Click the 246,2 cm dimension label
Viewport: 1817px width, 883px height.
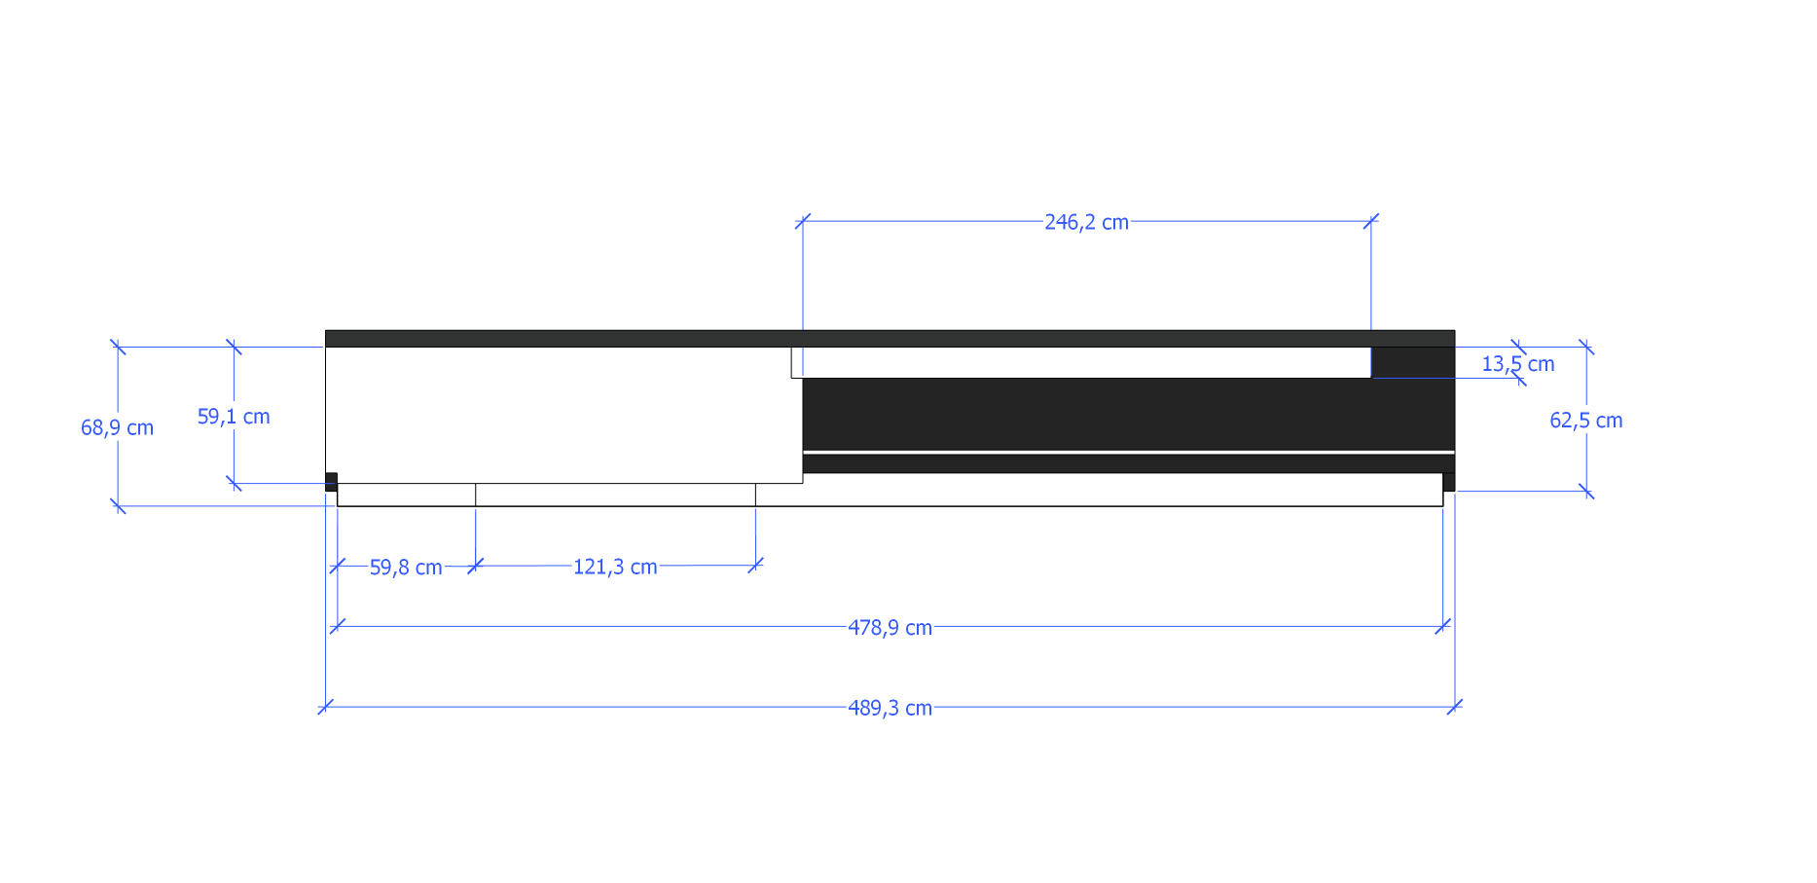pyautogui.click(x=1086, y=222)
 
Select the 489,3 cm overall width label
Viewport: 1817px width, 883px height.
pyautogui.click(x=890, y=708)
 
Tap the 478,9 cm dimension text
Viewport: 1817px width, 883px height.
pyautogui.click(x=890, y=627)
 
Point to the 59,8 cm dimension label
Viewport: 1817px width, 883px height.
pyautogui.click(x=406, y=567)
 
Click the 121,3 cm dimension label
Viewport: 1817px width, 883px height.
pyautogui.click(x=615, y=567)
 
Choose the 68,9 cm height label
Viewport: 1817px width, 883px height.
pyautogui.click(x=117, y=427)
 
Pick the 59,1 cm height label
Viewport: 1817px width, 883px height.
pyautogui.click(x=234, y=417)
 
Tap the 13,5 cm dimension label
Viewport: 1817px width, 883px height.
pyautogui.click(x=1517, y=364)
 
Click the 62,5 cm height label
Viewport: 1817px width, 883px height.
pyautogui.click(x=1585, y=421)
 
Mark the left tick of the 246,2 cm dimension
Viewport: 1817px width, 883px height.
pyautogui.click(x=803, y=222)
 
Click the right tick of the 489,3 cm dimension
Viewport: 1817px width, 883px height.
pyautogui.click(x=1455, y=707)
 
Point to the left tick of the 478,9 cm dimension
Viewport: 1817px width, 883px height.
pyautogui.click(x=338, y=626)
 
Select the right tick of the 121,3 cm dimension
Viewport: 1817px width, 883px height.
pyautogui.click(x=755, y=565)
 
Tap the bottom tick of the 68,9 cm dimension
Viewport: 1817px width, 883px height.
pyautogui.click(x=118, y=506)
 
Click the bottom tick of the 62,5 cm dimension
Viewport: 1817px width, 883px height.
pyautogui.click(x=1586, y=492)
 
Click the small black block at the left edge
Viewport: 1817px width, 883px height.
pyautogui.click(x=331, y=481)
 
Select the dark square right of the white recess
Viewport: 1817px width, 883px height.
pyautogui.click(x=1412, y=362)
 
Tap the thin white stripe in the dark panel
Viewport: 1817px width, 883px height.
pyautogui.click(x=1128, y=453)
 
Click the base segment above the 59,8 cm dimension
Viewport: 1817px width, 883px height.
pyautogui.click(x=407, y=495)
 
